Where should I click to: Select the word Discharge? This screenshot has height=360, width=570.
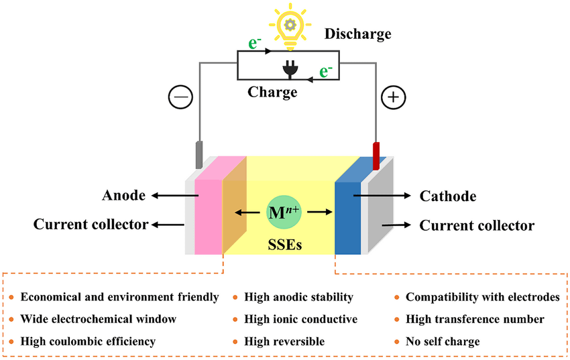tap(358, 34)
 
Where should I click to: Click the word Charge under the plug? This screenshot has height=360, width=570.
tap(272, 92)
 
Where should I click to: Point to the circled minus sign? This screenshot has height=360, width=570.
tap(182, 97)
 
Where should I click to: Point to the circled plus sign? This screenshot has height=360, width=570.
tap(394, 97)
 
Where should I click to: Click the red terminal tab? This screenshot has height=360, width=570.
tap(376, 155)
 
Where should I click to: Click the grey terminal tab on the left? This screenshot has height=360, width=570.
tap(198, 155)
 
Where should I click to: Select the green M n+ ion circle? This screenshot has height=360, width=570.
tap(285, 212)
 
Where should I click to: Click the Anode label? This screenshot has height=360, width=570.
tap(123, 196)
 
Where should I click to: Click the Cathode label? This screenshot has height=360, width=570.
tap(448, 196)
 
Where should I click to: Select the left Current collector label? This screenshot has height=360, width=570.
tap(91, 225)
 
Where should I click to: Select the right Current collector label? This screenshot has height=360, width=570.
tap(477, 226)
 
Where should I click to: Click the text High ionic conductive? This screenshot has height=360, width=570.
tap(300, 319)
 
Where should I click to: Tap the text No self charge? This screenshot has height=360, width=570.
tap(443, 341)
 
